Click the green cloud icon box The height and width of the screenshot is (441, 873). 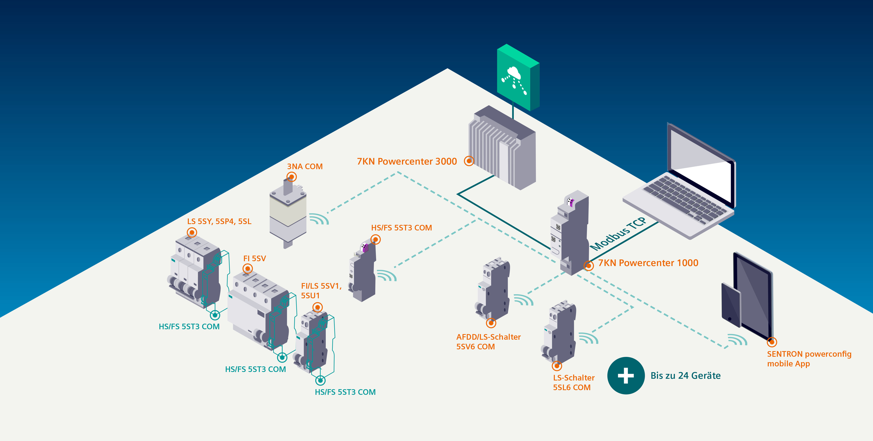[x=517, y=78]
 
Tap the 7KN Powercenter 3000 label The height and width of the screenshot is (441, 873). [x=407, y=162]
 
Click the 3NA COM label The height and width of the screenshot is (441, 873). [x=305, y=167]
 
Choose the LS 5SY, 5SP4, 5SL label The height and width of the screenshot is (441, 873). [x=219, y=222]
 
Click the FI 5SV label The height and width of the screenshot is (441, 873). [x=255, y=259]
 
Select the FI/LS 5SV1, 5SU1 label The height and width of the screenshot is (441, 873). [x=321, y=291]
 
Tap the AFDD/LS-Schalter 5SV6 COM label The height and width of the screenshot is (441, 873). [x=488, y=342]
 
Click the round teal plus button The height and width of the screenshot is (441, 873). [x=626, y=376]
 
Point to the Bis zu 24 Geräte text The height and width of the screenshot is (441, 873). [x=685, y=376]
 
